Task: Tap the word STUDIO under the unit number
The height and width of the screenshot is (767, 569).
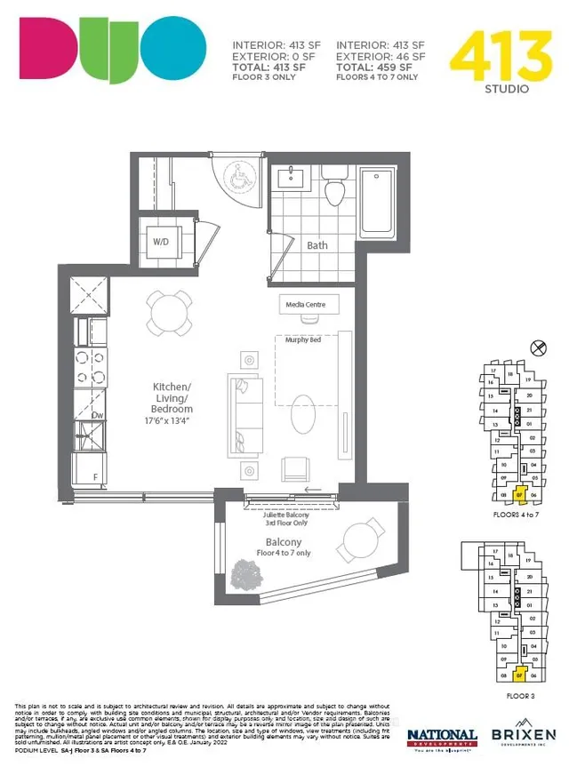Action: (x=508, y=89)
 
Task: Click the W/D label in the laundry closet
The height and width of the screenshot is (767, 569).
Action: (x=162, y=242)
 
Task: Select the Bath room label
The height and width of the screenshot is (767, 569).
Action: (x=317, y=245)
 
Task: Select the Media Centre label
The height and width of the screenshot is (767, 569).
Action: (x=305, y=305)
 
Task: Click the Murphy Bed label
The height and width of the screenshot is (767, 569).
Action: (x=302, y=340)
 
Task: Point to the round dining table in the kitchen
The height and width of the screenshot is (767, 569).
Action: (x=169, y=312)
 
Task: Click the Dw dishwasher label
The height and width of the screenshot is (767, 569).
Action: (x=99, y=414)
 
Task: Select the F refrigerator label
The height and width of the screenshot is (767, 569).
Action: (x=97, y=476)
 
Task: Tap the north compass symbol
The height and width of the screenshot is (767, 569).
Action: (x=535, y=348)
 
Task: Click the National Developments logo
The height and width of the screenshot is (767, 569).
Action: (x=442, y=738)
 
